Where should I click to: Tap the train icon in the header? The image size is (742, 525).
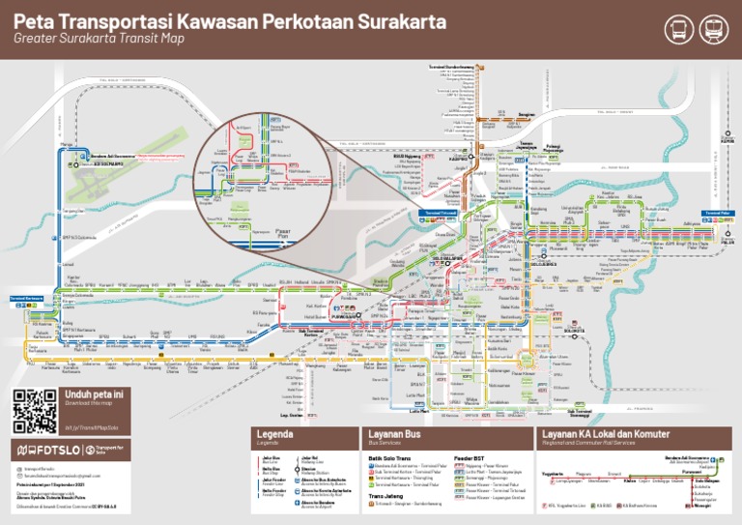pyautogui.click(x=715, y=29)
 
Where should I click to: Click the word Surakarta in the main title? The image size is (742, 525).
pyautogui.click(x=386, y=20)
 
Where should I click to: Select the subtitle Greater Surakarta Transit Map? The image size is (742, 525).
pyautogui.click(x=99, y=40)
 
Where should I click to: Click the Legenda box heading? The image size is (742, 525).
pyautogui.click(x=274, y=434)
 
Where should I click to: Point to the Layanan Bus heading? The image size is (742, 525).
pyautogui.click(x=394, y=434)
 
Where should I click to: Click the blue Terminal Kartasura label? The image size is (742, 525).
pyautogui.click(x=26, y=299)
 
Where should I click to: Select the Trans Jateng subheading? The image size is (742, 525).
pyautogui.click(x=385, y=496)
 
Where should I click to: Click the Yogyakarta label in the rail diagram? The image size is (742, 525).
pyautogui.click(x=553, y=473)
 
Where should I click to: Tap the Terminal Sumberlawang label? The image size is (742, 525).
pyautogui.click(x=451, y=67)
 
